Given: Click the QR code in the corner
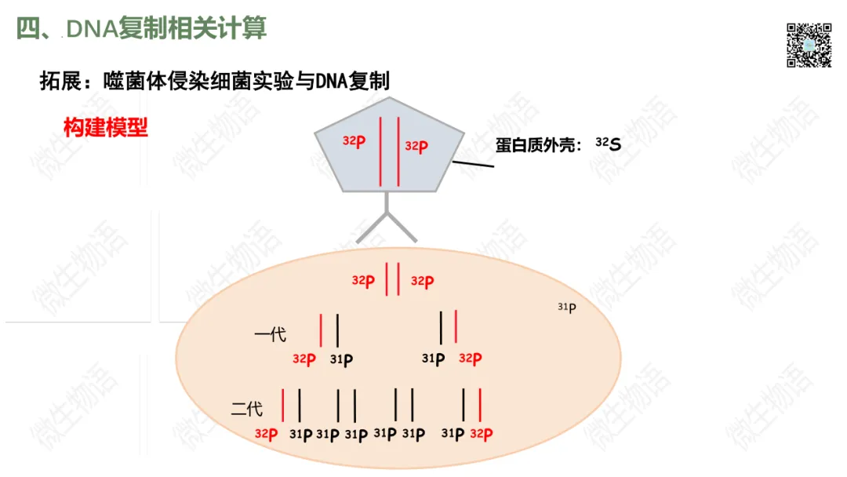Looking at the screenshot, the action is click(809, 45).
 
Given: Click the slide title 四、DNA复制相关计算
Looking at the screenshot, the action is click(142, 28).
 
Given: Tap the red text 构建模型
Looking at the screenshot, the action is click(106, 127).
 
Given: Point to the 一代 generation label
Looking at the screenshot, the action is click(271, 335).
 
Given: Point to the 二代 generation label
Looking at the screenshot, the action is click(247, 409).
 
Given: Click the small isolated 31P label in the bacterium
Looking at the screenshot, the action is click(567, 307).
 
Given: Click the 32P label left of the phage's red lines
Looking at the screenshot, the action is click(354, 141).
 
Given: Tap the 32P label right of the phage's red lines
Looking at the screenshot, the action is click(416, 146).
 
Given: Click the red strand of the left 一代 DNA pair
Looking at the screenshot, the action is click(321, 330).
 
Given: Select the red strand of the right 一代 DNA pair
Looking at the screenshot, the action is click(456, 327).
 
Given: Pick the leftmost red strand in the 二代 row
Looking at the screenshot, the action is click(283, 405).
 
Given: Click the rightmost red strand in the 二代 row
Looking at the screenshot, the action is click(479, 405).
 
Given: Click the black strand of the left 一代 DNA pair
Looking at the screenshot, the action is click(337, 330).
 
